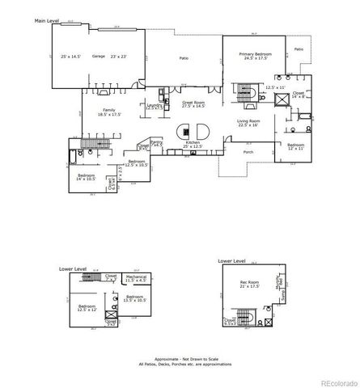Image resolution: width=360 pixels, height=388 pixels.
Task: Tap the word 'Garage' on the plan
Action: (99, 57)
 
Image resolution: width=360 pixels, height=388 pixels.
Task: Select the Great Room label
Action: (192, 104)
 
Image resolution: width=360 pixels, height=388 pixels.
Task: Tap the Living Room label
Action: (248, 122)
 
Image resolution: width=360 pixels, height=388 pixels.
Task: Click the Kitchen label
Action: (193, 143)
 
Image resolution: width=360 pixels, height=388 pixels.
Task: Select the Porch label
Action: (248, 150)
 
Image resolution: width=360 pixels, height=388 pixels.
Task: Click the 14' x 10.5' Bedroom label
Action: (87, 176)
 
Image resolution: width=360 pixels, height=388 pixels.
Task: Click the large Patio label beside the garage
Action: (184, 58)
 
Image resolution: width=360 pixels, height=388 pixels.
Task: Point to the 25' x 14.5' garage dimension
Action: (72, 57)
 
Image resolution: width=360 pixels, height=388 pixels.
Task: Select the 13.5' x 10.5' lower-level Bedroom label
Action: (133, 299)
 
